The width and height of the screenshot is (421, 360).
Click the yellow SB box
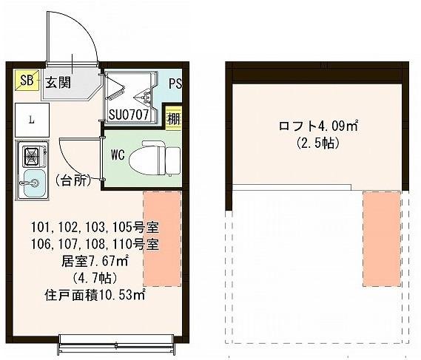click(x=26, y=81)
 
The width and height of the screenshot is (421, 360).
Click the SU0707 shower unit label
click(x=129, y=115)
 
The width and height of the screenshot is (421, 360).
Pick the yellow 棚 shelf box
click(x=173, y=117)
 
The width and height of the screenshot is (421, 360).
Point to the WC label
click(x=117, y=157)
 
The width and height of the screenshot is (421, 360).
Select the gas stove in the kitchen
click(x=33, y=156)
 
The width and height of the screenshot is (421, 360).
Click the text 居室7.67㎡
click(x=95, y=260)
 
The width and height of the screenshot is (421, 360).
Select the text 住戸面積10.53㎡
click(x=95, y=294)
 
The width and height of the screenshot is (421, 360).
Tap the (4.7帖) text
click(x=95, y=277)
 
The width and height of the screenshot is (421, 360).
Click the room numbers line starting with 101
click(x=95, y=226)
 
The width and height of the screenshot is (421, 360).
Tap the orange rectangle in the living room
click(x=162, y=238)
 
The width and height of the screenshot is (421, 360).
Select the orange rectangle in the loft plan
click(x=382, y=238)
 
